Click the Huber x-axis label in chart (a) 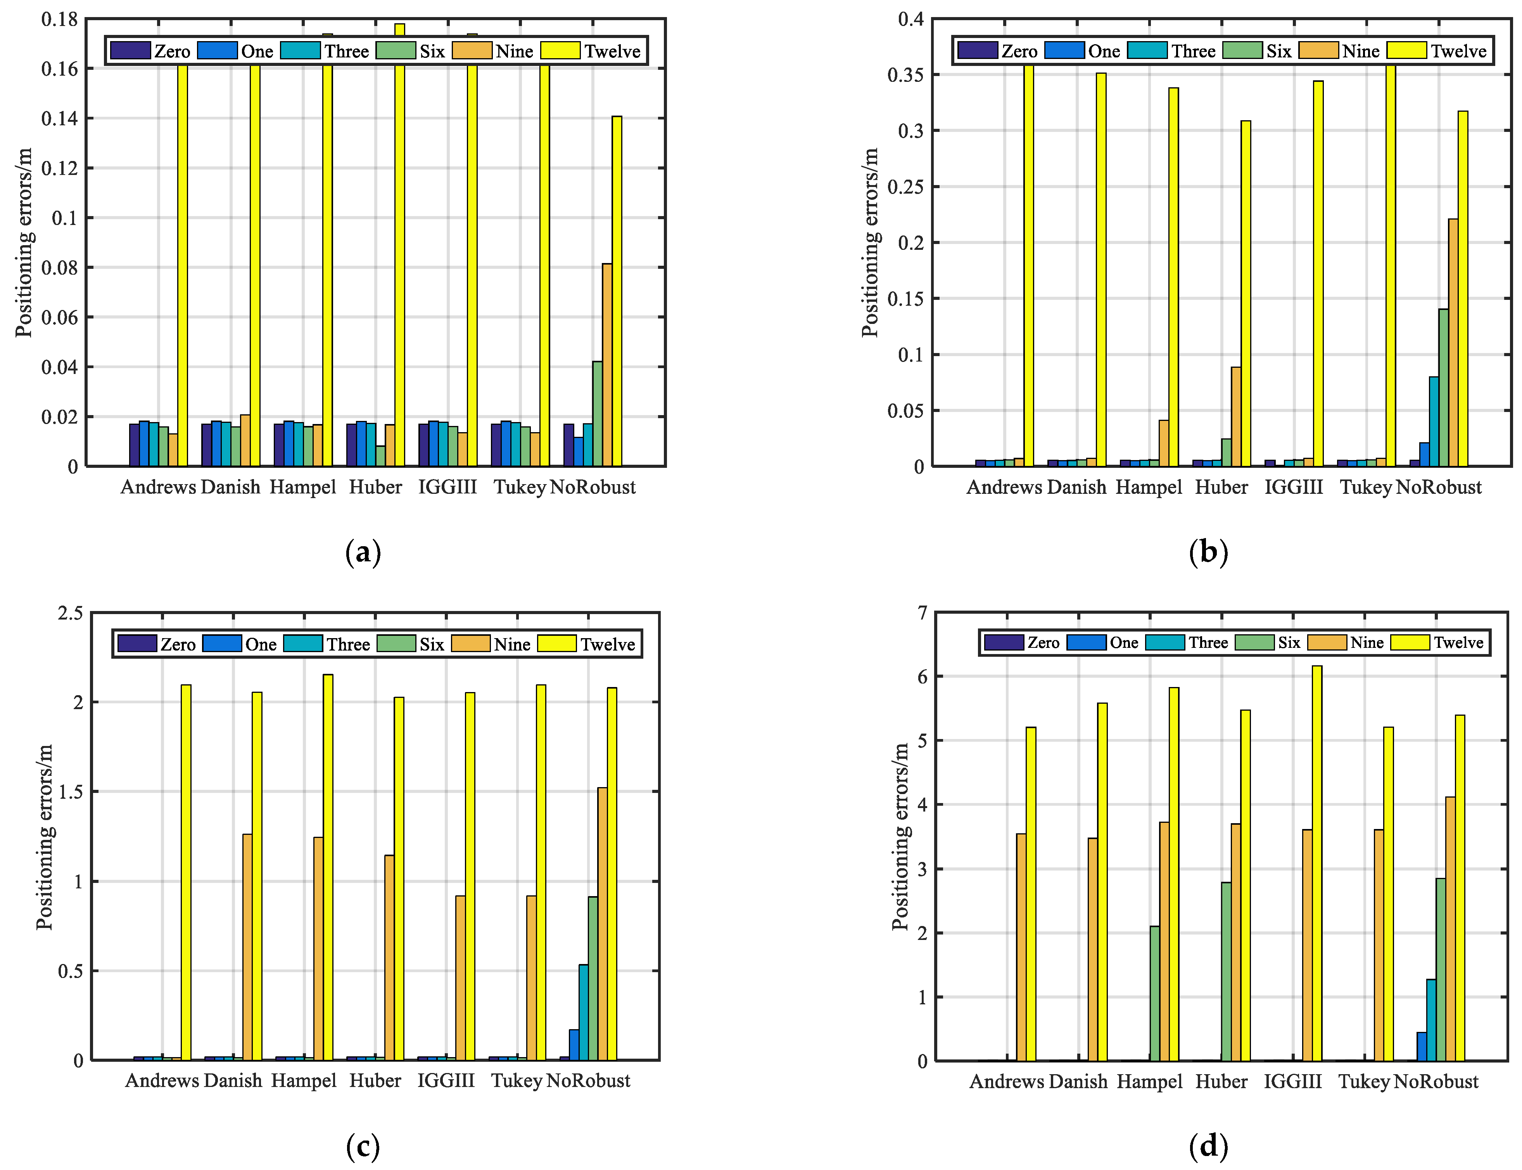point(375,487)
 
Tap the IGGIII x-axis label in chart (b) point(1293,487)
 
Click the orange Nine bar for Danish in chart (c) point(247,947)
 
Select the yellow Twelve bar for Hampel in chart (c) point(327,867)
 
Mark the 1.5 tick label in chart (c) point(70,792)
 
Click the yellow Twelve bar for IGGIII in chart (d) point(1316,864)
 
